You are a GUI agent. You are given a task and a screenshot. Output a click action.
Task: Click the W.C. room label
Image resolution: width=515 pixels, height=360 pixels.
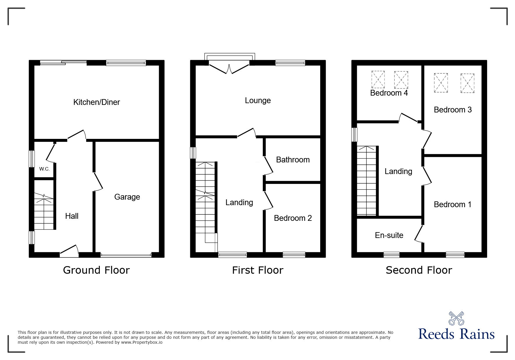pyautogui.click(x=44, y=169)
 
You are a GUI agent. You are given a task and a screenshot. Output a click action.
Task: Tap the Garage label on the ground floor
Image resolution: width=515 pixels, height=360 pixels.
pyautogui.click(x=127, y=197)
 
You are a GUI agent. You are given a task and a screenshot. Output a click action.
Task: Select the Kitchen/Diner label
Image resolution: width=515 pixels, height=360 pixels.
pyautogui.click(x=97, y=102)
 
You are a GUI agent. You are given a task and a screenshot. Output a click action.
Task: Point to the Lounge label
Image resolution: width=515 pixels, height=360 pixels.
pyautogui.click(x=258, y=101)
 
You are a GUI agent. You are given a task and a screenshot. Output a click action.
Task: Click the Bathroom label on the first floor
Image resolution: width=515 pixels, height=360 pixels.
pyautogui.click(x=293, y=160)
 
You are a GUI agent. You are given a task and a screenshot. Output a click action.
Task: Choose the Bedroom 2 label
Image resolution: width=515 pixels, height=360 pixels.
pyautogui.click(x=293, y=218)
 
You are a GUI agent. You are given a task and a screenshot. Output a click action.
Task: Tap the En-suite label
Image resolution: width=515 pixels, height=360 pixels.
pyautogui.click(x=389, y=235)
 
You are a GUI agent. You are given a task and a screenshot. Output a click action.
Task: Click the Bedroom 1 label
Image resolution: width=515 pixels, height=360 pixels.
pyautogui.click(x=452, y=205)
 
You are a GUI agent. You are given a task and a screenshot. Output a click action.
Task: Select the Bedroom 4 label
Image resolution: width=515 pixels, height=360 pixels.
pyautogui.click(x=389, y=93)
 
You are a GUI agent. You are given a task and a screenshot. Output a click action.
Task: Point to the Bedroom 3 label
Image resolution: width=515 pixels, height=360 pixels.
pyautogui.click(x=452, y=110)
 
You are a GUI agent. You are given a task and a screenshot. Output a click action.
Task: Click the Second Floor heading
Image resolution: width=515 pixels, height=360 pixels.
pyautogui.click(x=419, y=270)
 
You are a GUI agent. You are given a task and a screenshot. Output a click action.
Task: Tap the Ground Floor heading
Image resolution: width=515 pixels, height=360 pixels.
pyautogui.click(x=96, y=270)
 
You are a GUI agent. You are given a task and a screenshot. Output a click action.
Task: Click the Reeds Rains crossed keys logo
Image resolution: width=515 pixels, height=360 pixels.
pyautogui.click(x=456, y=318)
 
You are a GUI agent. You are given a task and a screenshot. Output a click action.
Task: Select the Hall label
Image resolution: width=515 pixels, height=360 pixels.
pyautogui.click(x=72, y=216)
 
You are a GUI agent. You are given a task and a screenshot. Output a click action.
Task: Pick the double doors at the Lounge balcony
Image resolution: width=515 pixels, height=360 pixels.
pyautogui.click(x=229, y=67)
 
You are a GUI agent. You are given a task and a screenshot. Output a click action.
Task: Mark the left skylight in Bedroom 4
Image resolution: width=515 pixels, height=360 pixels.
pyautogui.click(x=378, y=80)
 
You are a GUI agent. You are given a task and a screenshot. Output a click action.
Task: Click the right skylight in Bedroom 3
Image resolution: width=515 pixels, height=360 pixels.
pyautogui.click(x=467, y=83)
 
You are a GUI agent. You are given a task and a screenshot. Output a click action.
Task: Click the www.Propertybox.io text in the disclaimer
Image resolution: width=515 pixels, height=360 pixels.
pyautogui.click(x=142, y=342)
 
